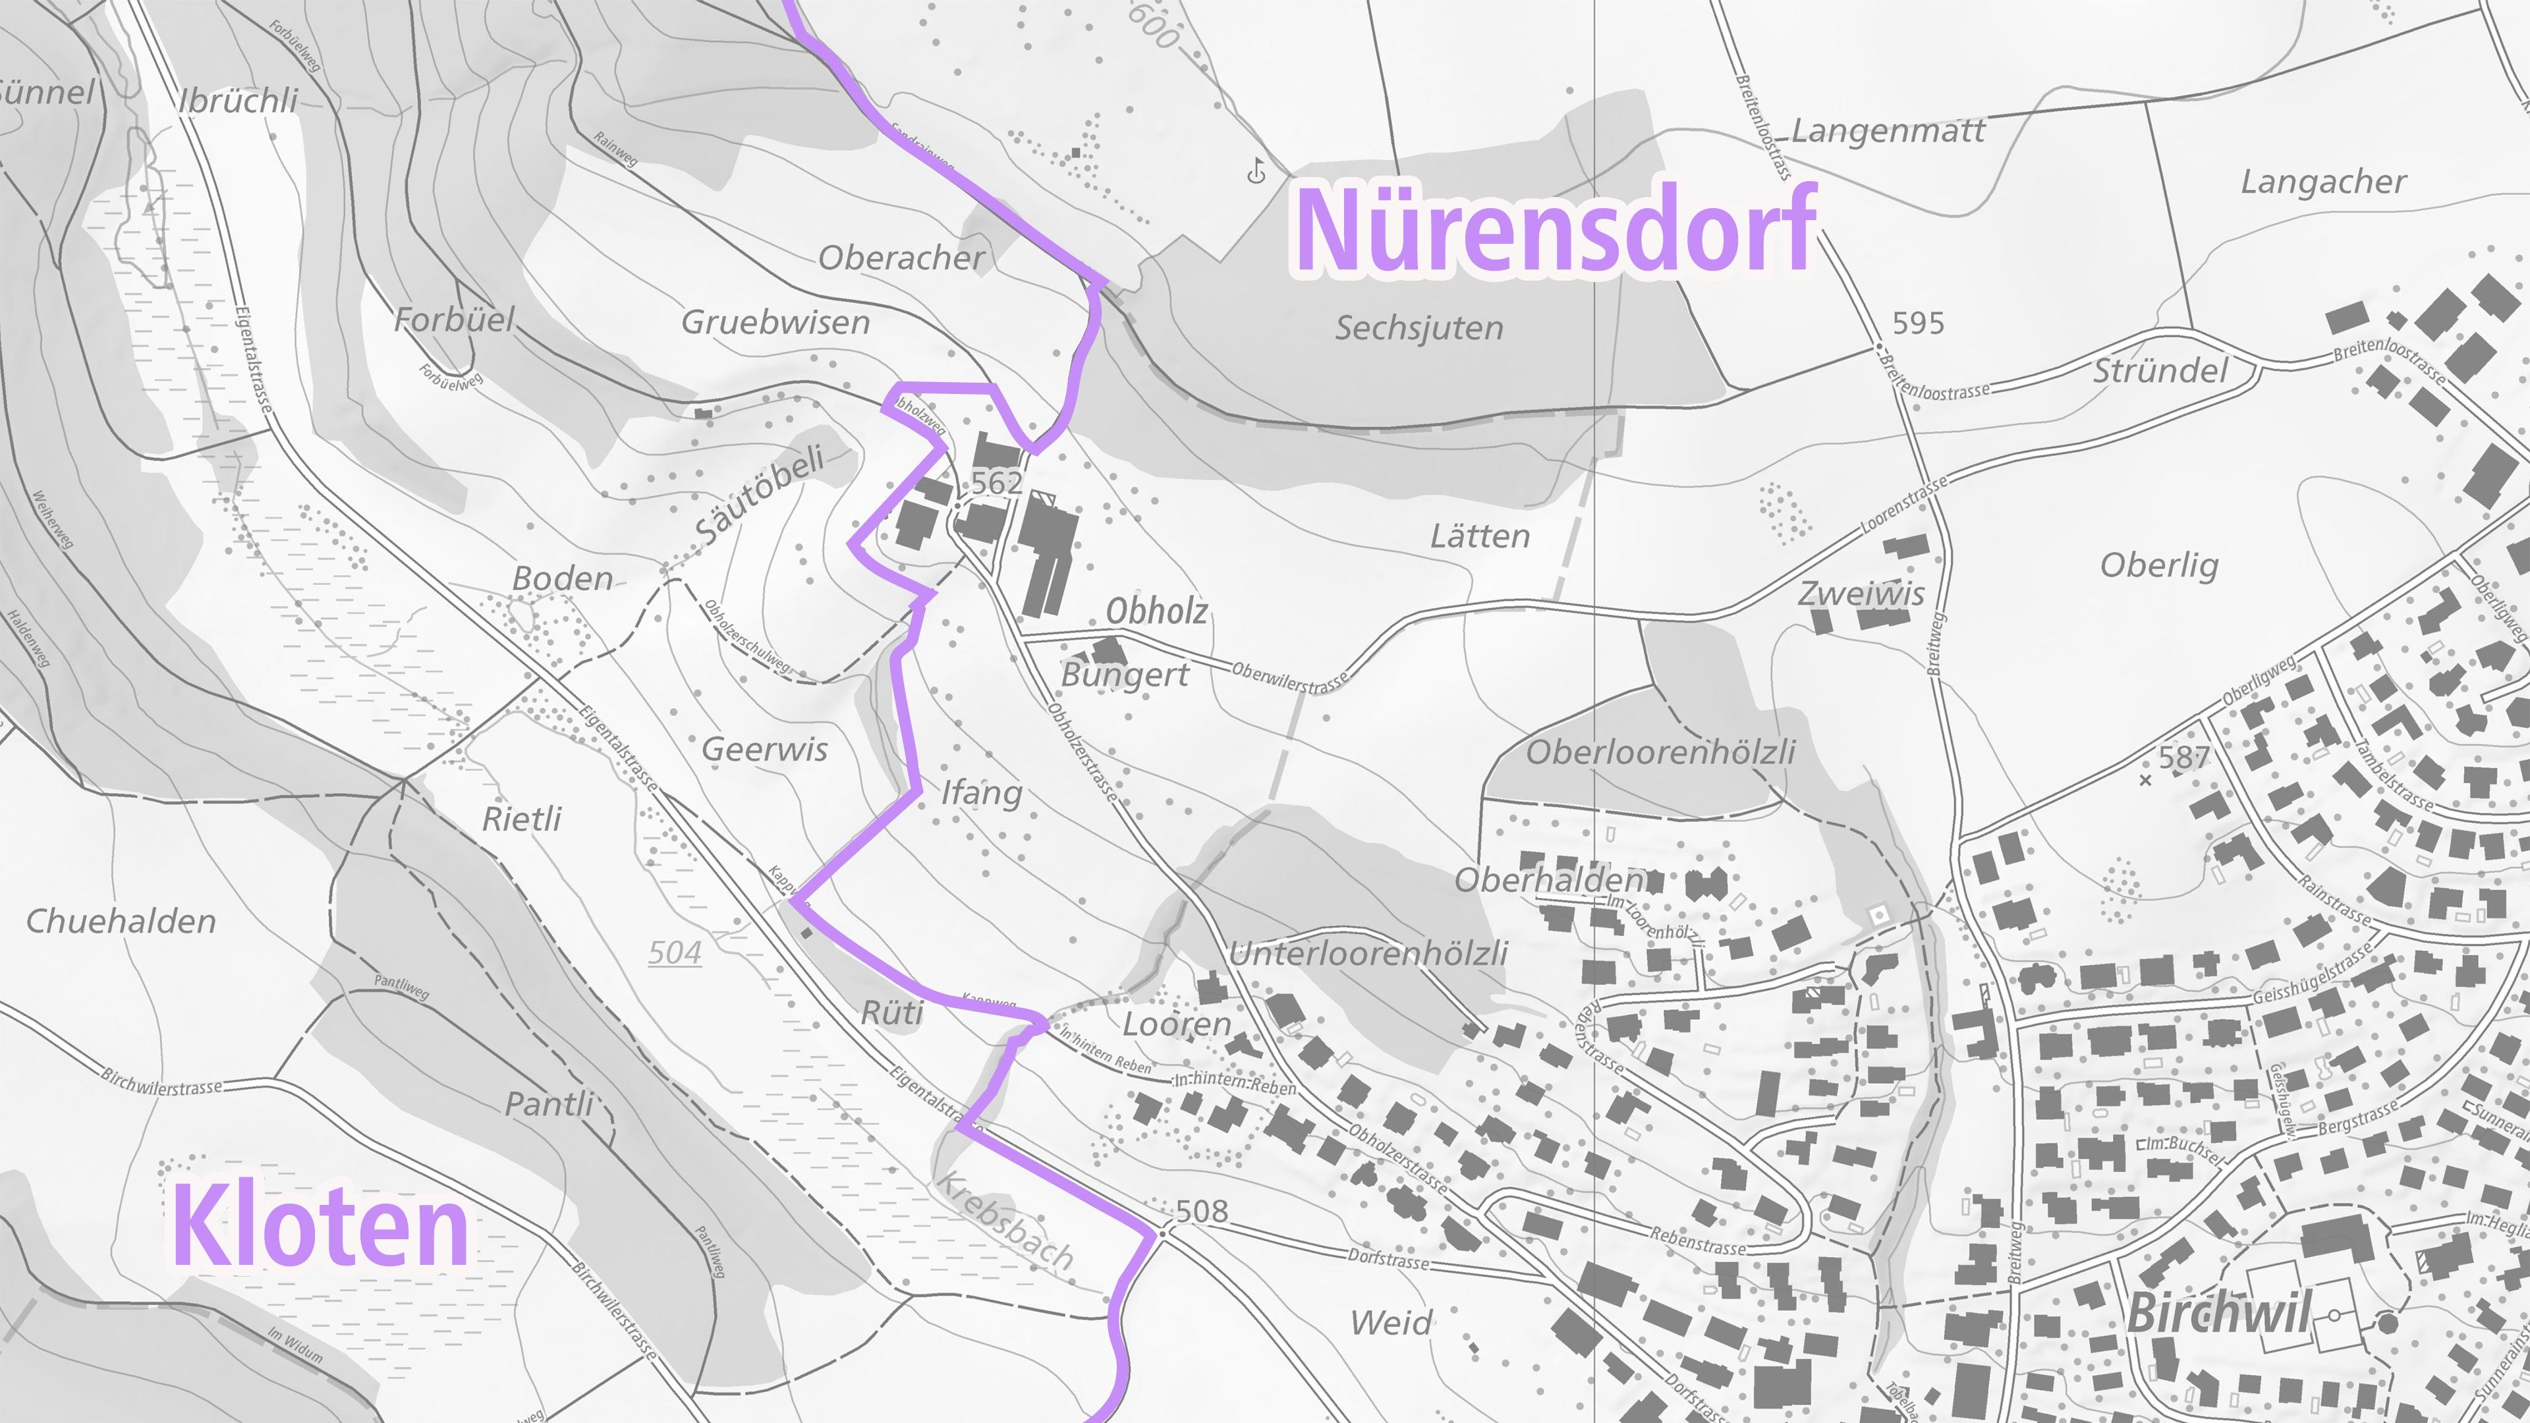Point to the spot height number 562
pyautogui.click(x=996, y=482)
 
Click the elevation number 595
pyautogui.click(x=1918, y=323)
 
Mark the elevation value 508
pyautogui.click(x=1202, y=1211)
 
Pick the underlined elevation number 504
pyautogui.click(x=675, y=953)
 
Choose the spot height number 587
pyautogui.click(x=2183, y=757)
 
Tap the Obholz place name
pyautogui.click(x=1156, y=611)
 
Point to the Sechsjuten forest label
pyautogui.click(x=1419, y=328)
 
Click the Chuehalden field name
pyautogui.click(x=121, y=921)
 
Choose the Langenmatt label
pyautogui.click(x=1888, y=130)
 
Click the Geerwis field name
pyautogui.click(x=764, y=749)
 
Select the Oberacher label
pyautogui.click(x=901, y=258)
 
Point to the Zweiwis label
pyautogui.click(x=1861, y=593)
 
